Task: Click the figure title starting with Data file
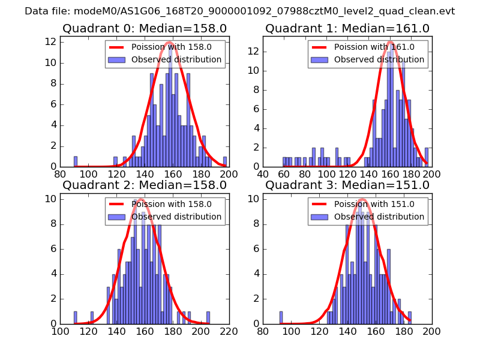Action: click(x=239, y=11)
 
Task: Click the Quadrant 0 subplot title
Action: click(x=145, y=28)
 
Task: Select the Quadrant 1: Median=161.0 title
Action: click(x=347, y=28)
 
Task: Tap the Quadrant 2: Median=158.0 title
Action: click(x=145, y=185)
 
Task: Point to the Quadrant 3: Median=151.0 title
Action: click(x=347, y=185)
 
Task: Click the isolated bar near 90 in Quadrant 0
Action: click(x=76, y=161)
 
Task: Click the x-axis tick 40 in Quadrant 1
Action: click(x=263, y=174)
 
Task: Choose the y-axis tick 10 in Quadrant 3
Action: click(x=255, y=199)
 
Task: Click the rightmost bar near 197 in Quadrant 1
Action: click(x=427, y=157)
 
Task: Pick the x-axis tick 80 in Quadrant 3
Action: click(x=263, y=331)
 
